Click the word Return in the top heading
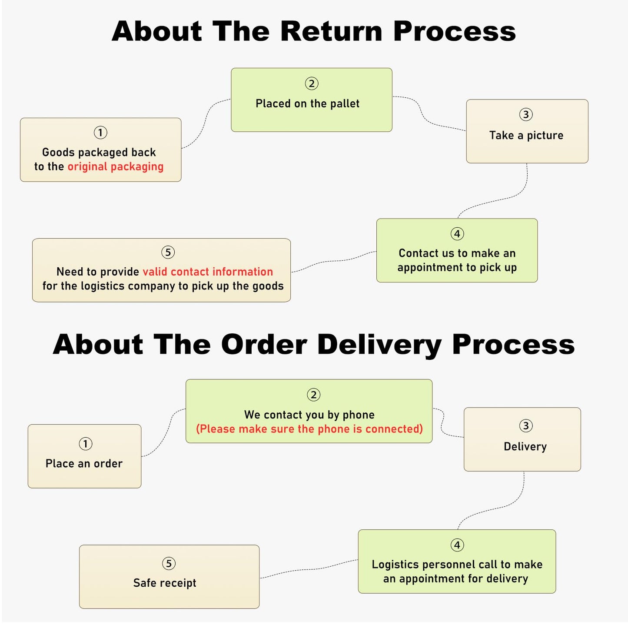[331, 31]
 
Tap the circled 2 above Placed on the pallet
[312, 83]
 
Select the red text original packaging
[115, 166]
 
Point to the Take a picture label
[526, 135]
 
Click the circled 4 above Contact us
[457, 234]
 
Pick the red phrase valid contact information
[208, 272]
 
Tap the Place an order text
[84, 463]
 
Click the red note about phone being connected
[309, 429]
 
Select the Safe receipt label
[165, 583]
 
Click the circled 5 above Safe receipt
[169, 564]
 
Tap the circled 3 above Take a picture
[526, 114]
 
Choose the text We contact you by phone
[309, 415]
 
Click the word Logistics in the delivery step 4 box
[395, 565]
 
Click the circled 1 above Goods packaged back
[100, 132]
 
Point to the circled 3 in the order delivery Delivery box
[526, 425]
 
